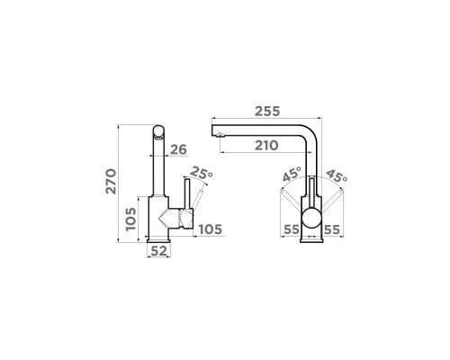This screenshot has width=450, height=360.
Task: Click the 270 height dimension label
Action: (111, 182)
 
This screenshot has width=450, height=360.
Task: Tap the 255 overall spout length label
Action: (267, 112)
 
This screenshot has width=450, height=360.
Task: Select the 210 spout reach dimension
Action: (266, 146)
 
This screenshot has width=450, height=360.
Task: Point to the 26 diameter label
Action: (178, 149)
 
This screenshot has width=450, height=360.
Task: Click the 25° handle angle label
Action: (202, 173)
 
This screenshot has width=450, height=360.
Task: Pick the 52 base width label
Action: (158, 251)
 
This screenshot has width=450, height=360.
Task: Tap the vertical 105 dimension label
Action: (131, 219)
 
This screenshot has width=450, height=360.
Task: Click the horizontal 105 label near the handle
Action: (211, 229)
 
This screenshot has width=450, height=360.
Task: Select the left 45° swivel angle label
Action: (292, 175)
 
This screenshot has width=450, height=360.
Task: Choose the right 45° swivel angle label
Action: (337, 175)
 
